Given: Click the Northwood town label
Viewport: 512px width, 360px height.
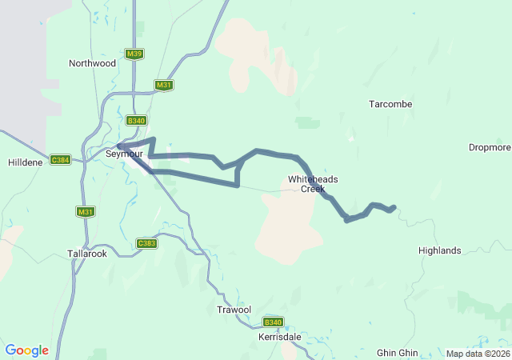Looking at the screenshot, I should tap(92, 63).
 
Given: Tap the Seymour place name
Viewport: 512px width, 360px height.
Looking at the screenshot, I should tap(124, 154).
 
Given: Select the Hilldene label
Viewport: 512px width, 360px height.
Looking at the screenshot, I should tap(25, 161).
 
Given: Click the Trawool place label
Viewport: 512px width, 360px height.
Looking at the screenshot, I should tap(234, 310).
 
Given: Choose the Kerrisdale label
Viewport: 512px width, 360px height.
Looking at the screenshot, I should tap(280, 337).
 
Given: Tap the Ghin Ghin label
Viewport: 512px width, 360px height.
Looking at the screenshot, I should tap(398, 353).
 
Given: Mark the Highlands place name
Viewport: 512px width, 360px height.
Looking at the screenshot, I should tap(439, 250).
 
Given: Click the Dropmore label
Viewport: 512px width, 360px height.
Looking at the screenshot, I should tap(490, 147).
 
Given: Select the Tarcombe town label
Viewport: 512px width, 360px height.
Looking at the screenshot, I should tap(390, 104).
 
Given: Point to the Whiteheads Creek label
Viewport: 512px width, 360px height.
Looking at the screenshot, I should tap(307, 184).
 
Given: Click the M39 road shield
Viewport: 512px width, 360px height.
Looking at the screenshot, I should tap(134, 54).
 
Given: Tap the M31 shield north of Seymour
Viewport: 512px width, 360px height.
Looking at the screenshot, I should tap(164, 85).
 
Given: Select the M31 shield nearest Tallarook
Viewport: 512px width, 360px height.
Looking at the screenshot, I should tap(86, 211).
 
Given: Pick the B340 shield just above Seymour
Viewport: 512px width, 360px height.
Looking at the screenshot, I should tap(136, 121).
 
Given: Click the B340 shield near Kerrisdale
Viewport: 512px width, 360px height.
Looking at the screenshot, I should tap(274, 322).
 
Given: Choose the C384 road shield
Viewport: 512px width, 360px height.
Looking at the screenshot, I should tap(60, 160).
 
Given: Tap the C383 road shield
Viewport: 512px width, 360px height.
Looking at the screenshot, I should tap(146, 243).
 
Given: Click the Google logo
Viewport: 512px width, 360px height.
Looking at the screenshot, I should tap(26, 350).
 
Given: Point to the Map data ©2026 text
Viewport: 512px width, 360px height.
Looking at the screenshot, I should tap(477, 354).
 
